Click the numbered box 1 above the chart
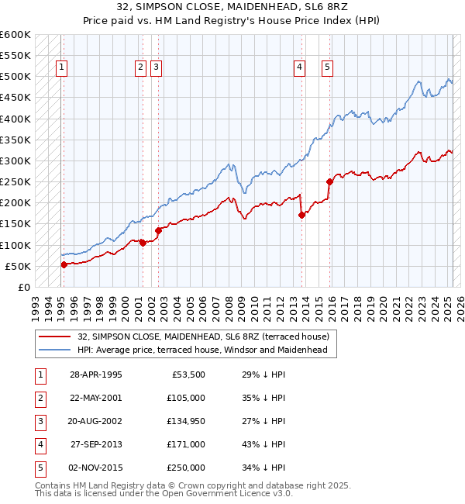[60, 67]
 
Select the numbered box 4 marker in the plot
[298, 67]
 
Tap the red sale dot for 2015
[330, 181]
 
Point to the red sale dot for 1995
[64, 264]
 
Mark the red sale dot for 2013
[302, 216]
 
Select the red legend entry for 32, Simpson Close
[203, 337]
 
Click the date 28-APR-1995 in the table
[96, 375]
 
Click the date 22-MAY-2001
[96, 399]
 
